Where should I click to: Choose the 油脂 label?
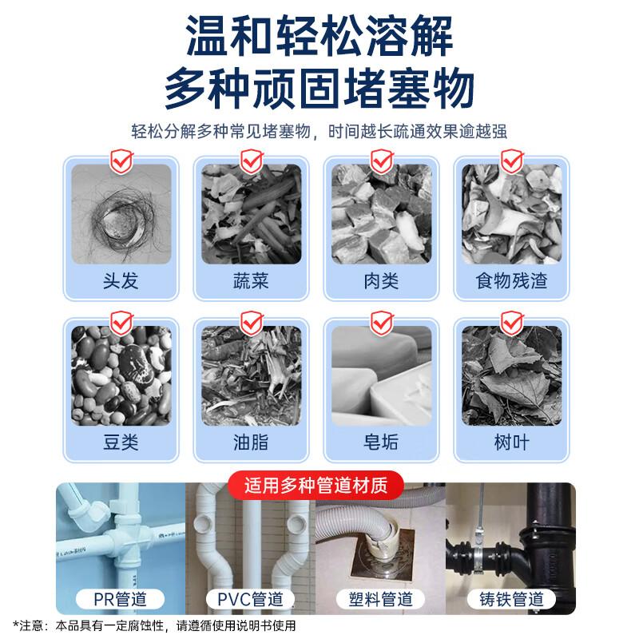tap(249, 441)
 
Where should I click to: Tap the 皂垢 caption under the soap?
tap(380, 441)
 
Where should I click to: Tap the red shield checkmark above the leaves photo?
tap(510, 321)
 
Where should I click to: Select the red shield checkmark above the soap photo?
tap(380, 321)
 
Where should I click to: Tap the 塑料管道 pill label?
tap(381, 598)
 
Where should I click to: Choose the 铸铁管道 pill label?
tap(511, 598)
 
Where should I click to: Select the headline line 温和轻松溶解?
tap(319, 37)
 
